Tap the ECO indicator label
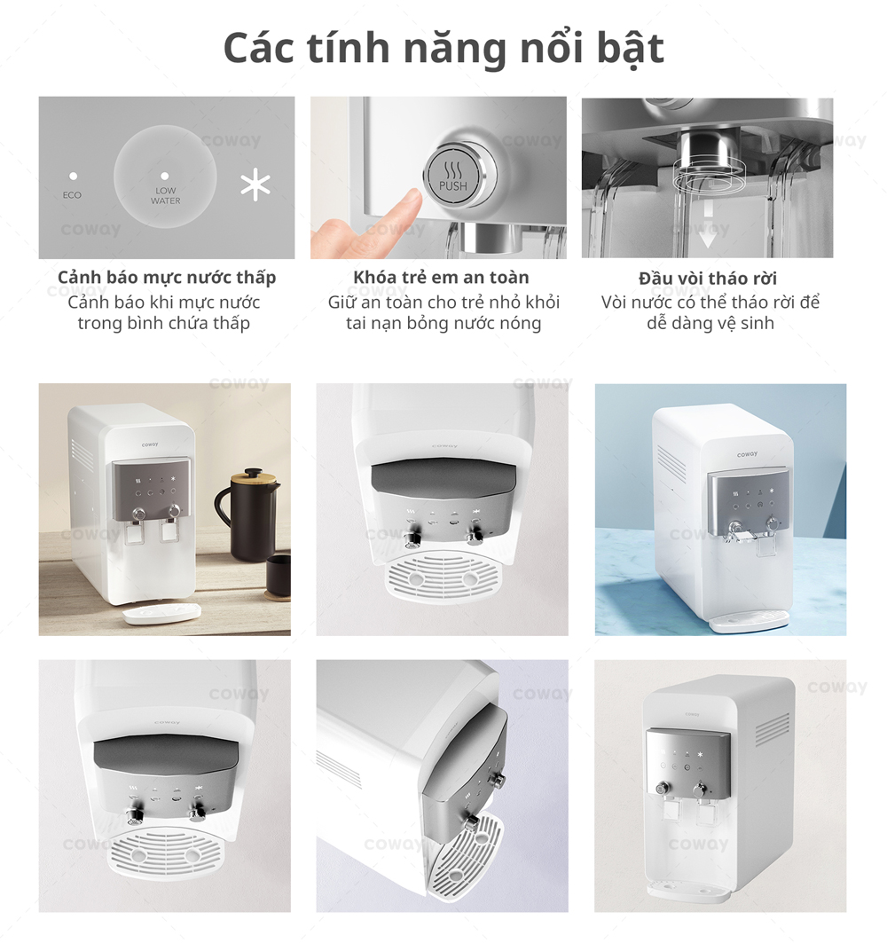(x=73, y=194)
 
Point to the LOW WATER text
(x=165, y=196)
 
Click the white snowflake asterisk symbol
(x=255, y=185)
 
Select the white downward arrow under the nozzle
(x=707, y=234)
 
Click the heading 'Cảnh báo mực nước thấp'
(x=167, y=278)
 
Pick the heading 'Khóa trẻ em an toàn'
(x=441, y=278)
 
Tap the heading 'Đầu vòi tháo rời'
(x=708, y=279)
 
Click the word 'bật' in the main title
(x=624, y=48)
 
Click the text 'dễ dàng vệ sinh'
(x=710, y=324)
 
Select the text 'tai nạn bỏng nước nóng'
(x=443, y=324)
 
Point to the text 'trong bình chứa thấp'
(x=164, y=324)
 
